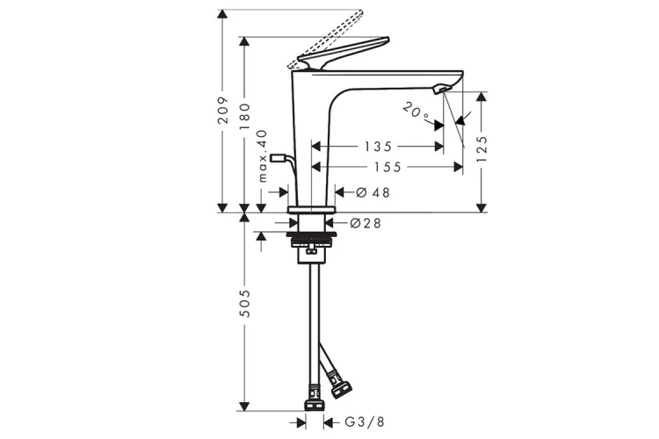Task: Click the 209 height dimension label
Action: click(223, 110)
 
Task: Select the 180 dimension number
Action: click(244, 117)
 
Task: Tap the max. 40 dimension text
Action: click(262, 156)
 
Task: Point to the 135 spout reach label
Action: click(378, 147)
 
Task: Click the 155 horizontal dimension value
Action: click(387, 167)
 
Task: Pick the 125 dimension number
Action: click(482, 149)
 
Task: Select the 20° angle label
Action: click(416, 112)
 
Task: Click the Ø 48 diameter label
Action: click(373, 192)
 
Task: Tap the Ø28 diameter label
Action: click(366, 223)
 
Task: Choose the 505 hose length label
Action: click(244, 303)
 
